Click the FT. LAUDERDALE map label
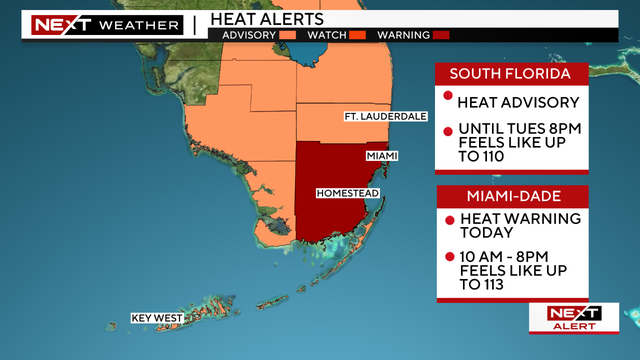point(385,116)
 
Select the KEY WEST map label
point(156,318)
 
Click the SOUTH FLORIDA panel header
point(510,74)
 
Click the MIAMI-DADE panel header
point(510,195)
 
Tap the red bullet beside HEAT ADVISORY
point(447,96)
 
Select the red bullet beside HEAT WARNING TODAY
point(447,217)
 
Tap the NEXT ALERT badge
point(573,317)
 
